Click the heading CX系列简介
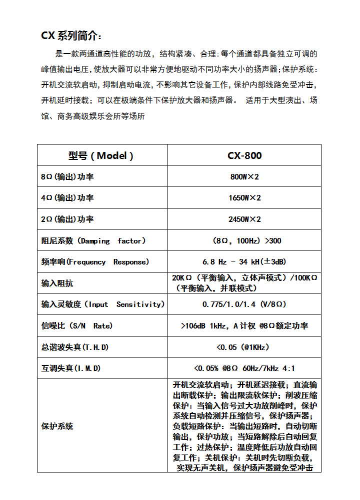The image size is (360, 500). click(x=71, y=35)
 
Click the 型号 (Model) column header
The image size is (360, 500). click(x=101, y=155)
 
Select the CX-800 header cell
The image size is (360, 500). click(x=244, y=155)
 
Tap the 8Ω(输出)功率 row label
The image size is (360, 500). click(x=67, y=177)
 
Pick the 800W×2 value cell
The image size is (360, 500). click(x=244, y=177)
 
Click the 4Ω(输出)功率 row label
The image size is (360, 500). click(x=67, y=198)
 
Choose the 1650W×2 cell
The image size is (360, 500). click(x=244, y=198)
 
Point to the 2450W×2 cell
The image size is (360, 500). click(x=244, y=219)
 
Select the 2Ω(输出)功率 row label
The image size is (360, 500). click(x=67, y=219)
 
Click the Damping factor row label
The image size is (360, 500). click(x=93, y=241)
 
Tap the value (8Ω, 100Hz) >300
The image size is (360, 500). click(x=244, y=241)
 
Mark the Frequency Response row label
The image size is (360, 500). click(x=95, y=262)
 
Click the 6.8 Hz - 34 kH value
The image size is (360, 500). click(x=244, y=262)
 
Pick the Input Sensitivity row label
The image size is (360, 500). click(x=102, y=304)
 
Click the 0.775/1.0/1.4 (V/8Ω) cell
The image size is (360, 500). click(x=244, y=304)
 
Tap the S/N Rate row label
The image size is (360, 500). click(x=77, y=326)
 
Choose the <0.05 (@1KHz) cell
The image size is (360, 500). click(x=244, y=347)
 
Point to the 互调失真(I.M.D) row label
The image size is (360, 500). click(x=71, y=368)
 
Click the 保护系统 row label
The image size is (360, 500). click(x=57, y=426)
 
